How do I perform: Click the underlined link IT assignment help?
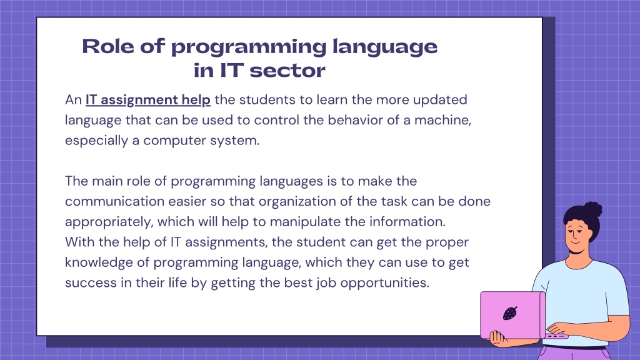147,100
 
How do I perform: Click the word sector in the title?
287,71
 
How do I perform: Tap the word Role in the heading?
108,46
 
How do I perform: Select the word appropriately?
109,222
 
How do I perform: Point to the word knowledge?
99,262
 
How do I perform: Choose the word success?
91,283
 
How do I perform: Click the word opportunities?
384,283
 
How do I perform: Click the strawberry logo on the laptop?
510,313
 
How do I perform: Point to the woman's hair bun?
593,209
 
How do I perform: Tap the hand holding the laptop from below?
497,338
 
